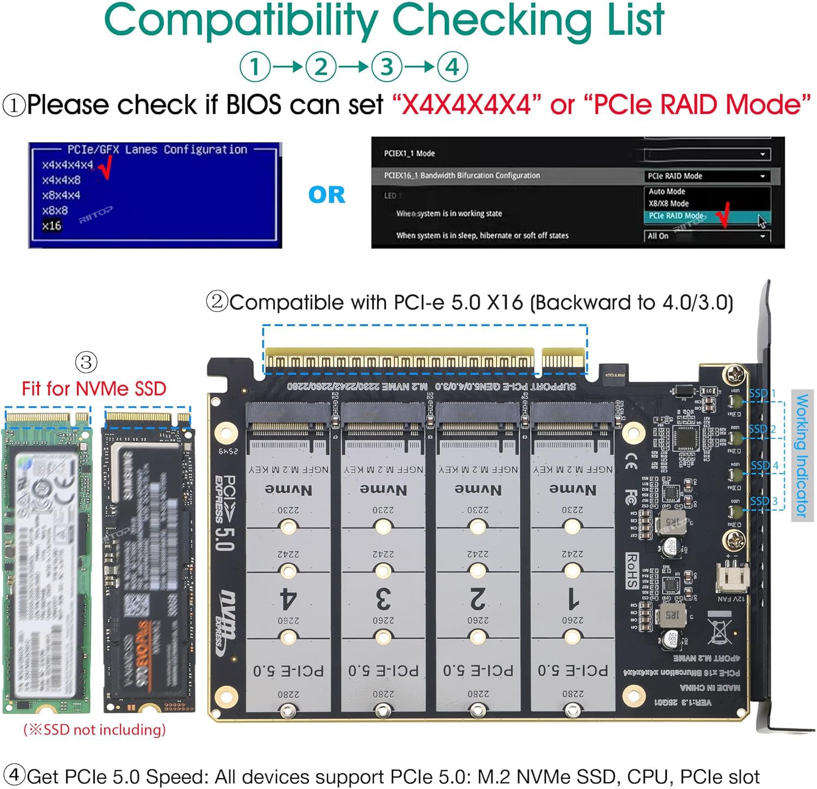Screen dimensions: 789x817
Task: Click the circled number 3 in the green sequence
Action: click(387, 68)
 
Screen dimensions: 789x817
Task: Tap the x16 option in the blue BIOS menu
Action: click(52, 225)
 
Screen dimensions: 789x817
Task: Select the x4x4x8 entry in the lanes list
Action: click(61, 180)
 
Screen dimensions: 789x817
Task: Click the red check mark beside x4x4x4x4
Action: click(105, 167)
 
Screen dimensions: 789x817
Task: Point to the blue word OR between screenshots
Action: click(326, 195)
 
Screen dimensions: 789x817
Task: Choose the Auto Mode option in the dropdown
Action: click(667, 192)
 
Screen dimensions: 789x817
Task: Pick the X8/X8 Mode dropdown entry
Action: click(668, 203)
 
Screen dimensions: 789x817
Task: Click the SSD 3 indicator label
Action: click(764, 501)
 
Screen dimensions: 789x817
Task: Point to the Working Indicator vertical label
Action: click(802, 455)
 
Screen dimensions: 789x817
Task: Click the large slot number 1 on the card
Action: click(572, 600)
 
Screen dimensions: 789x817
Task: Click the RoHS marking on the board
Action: click(631, 571)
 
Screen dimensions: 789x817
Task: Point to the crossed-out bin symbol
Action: click(719, 627)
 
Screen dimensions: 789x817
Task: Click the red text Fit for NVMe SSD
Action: click(94, 389)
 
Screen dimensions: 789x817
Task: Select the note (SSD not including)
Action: click(94, 730)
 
